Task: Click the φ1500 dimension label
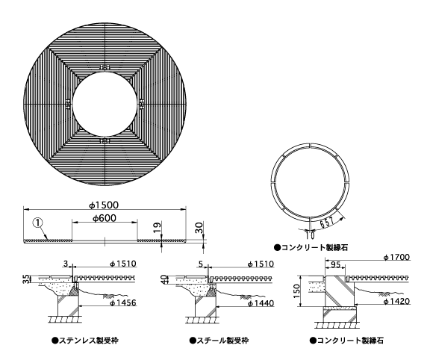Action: [104, 205]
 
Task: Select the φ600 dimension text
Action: [105, 218]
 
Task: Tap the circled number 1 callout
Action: [38, 223]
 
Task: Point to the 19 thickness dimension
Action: [157, 227]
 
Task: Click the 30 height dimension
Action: [199, 227]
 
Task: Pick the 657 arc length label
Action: [327, 222]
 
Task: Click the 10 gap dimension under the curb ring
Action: [310, 235]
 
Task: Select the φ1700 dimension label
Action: [396, 257]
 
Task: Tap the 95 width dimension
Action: [335, 264]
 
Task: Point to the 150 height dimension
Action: [296, 291]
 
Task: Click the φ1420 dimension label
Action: [396, 301]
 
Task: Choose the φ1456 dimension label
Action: [123, 302]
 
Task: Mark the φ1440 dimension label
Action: [261, 303]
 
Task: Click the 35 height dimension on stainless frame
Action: [25, 279]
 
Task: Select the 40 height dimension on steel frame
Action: [163, 279]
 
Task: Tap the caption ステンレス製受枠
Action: [85, 340]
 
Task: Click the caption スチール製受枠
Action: [219, 340]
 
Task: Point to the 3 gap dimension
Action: [66, 264]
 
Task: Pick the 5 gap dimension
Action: [201, 264]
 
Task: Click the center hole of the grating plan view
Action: [105, 104]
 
